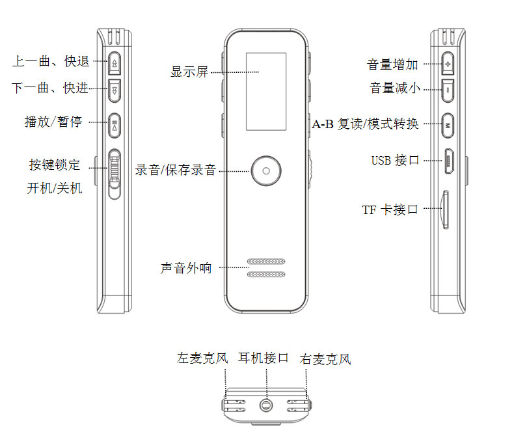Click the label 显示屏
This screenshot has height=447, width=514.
point(189,72)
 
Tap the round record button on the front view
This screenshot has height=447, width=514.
point(265,171)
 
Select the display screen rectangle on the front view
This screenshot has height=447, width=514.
point(265,90)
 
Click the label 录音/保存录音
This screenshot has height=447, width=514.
point(175,171)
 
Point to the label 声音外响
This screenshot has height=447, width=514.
point(186,268)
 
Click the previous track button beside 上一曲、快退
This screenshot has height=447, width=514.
point(115,63)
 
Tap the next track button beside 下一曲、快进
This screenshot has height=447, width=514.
point(115,89)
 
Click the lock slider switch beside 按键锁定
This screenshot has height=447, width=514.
point(115,172)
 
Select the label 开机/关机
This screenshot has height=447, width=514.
point(55,190)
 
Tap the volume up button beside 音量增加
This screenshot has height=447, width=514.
point(448,64)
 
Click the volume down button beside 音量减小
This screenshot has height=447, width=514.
point(448,88)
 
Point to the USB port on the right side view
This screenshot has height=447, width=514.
point(448,161)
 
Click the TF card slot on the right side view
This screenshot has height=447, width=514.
point(445,208)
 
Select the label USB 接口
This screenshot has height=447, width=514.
point(395,161)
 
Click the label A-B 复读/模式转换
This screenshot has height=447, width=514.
point(365,124)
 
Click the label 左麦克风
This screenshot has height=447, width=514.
point(203,359)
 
